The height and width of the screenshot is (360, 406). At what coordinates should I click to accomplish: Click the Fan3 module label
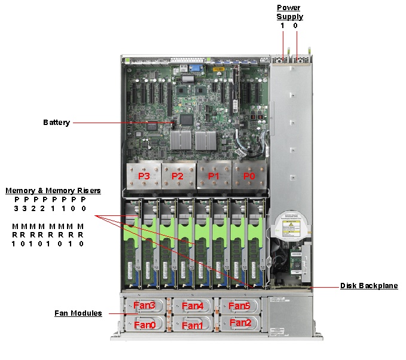click(144, 306)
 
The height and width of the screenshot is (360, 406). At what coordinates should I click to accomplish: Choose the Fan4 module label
click(193, 306)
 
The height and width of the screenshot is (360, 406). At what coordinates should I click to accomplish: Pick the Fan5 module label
click(239, 306)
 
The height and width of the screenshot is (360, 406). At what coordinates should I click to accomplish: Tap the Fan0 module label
click(144, 325)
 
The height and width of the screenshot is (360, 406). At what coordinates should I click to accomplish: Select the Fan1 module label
click(192, 325)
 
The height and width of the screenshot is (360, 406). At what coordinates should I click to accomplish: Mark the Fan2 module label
click(240, 323)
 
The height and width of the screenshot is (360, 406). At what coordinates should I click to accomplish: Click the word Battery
click(56, 123)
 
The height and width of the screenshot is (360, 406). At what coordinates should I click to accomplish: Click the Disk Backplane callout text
click(368, 286)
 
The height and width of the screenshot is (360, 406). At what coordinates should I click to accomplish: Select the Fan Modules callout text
click(78, 313)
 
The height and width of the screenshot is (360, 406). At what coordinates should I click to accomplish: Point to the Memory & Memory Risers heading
click(53, 191)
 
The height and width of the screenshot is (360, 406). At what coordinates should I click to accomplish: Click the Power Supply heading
click(289, 12)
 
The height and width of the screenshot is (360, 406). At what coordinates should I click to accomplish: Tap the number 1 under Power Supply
click(282, 26)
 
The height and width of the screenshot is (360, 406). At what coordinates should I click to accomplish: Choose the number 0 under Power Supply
click(295, 26)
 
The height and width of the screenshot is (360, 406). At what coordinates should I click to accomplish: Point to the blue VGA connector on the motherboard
click(195, 68)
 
